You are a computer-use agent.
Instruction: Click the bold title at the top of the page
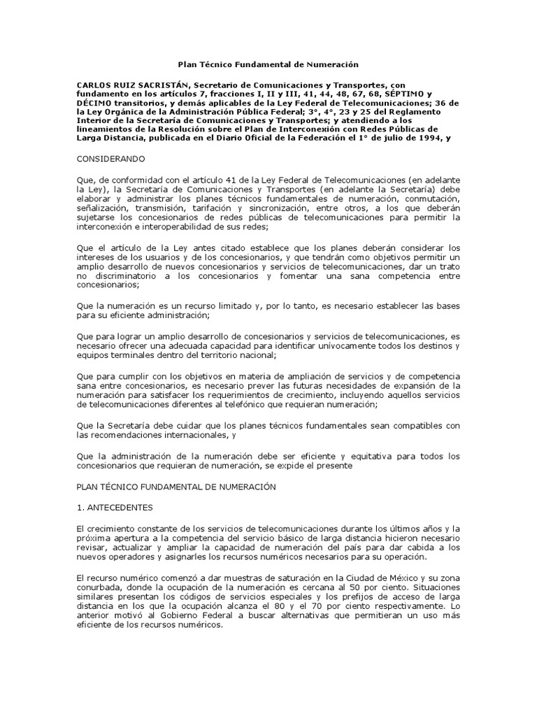tap(268, 64)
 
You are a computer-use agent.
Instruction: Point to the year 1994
tap(428, 138)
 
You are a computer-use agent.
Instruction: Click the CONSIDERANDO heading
tap(111, 159)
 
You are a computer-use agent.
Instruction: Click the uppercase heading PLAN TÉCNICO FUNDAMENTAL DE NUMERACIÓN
tap(176, 486)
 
